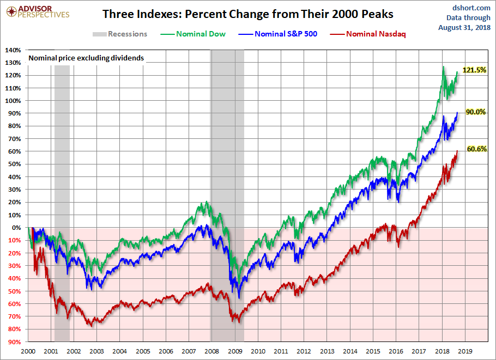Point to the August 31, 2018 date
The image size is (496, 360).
464,27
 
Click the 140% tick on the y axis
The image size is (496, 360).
14,50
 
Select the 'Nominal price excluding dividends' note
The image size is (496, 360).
86,58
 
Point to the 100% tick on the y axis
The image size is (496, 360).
14,101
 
